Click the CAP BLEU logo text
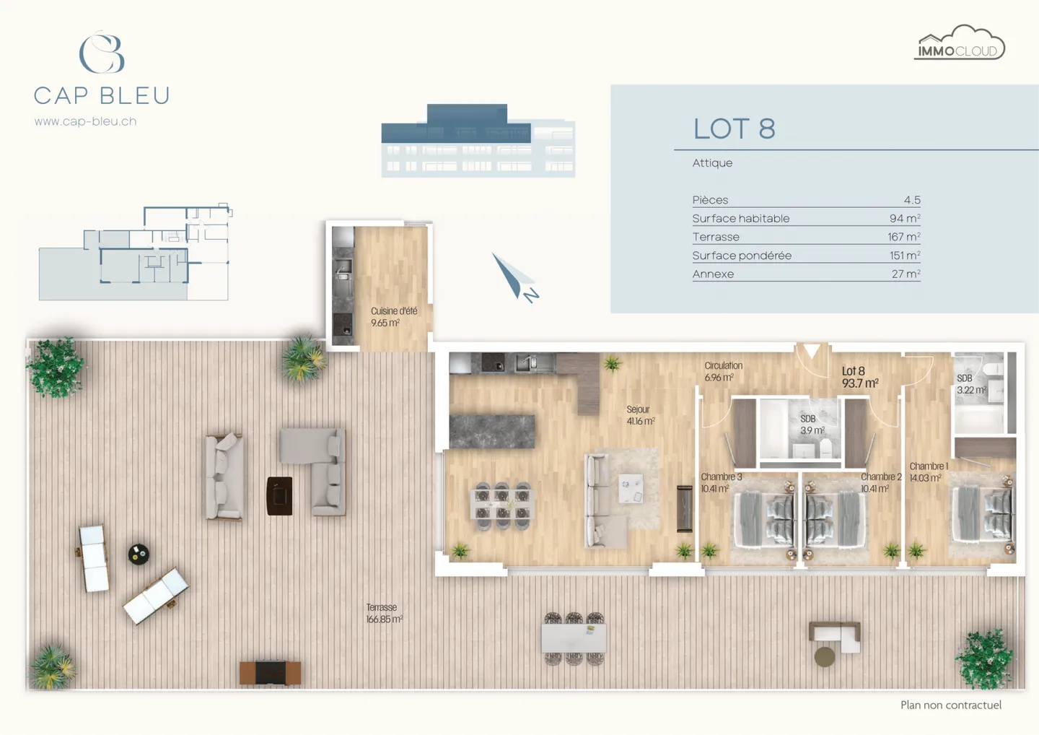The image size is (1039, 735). click(102, 95)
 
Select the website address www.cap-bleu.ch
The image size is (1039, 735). click(85, 121)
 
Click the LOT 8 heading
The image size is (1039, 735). click(734, 129)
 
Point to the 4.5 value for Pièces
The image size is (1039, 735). click(911, 200)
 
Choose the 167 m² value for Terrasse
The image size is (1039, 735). click(903, 237)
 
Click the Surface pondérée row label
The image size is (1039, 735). click(742, 256)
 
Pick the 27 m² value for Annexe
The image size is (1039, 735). click(906, 274)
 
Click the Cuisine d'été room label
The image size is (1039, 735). click(393, 317)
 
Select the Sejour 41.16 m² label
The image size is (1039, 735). click(640, 415)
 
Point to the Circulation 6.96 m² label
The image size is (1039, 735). click(723, 371)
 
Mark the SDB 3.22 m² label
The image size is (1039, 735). click(970, 384)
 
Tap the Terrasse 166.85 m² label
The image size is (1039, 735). click(384, 614)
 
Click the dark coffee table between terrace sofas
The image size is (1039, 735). click(279, 495)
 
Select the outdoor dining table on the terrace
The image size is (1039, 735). click(574, 638)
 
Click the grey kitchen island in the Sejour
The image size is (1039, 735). click(492, 431)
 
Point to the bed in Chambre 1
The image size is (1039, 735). click(983, 514)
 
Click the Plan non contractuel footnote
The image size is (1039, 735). click(950, 705)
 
